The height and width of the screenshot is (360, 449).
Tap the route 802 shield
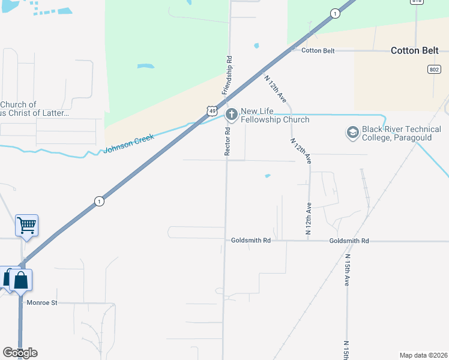tap(434, 70)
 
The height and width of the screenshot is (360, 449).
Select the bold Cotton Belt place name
tap(414, 50)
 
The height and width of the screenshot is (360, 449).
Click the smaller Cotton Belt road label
tap(318, 51)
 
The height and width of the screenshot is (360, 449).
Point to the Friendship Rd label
tap(227, 75)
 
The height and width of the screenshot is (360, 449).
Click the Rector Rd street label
tap(228, 142)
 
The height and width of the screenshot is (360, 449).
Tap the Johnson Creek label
tap(129, 143)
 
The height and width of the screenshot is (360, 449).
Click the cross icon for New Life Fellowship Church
tap(231, 114)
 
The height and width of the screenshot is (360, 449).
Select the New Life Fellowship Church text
tap(275, 115)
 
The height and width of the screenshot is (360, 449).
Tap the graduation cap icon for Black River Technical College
tap(352, 131)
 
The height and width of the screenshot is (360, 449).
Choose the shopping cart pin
tap(26, 226)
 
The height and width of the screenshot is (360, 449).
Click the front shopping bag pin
tap(20, 280)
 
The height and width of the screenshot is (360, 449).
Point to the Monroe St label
tap(42, 303)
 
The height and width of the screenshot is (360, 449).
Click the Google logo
tap(20, 353)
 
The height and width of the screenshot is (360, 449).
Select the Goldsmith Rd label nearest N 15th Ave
tap(349, 241)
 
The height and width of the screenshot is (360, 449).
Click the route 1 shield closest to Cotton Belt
tap(334, 13)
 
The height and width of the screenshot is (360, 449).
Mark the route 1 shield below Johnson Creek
tap(99, 202)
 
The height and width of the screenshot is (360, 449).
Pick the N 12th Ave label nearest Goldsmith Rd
tap(309, 218)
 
